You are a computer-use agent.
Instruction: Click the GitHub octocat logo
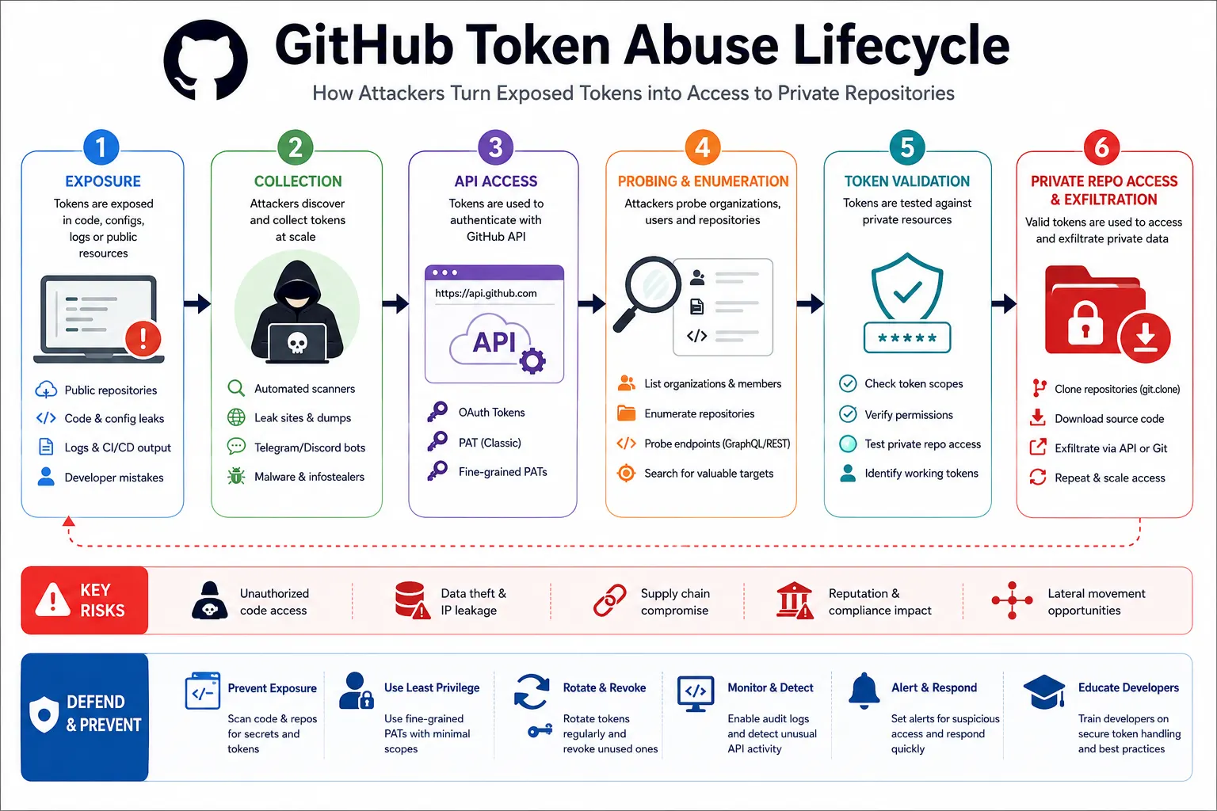[206, 60]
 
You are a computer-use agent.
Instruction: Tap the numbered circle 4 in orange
[702, 147]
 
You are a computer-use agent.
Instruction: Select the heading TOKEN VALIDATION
[906, 181]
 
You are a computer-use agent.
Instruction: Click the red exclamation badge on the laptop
[143, 339]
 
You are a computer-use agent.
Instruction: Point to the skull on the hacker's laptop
[296, 342]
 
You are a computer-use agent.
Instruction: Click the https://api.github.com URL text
[486, 293]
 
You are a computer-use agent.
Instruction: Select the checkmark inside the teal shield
[907, 291]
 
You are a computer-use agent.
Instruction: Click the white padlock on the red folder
[1085, 324]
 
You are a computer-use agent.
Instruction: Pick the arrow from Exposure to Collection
[197, 303]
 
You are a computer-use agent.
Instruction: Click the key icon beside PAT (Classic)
[437, 442]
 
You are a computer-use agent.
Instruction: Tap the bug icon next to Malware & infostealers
[236, 476]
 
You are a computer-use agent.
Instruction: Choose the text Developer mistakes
[113, 478]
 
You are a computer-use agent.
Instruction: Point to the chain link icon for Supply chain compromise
[609, 600]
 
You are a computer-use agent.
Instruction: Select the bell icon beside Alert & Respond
[864, 691]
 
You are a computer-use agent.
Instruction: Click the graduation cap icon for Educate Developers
[1043, 692]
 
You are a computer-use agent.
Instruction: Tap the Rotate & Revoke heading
[605, 687]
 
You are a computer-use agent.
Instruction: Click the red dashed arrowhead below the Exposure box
[68, 521]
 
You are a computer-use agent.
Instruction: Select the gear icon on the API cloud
[532, 360]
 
